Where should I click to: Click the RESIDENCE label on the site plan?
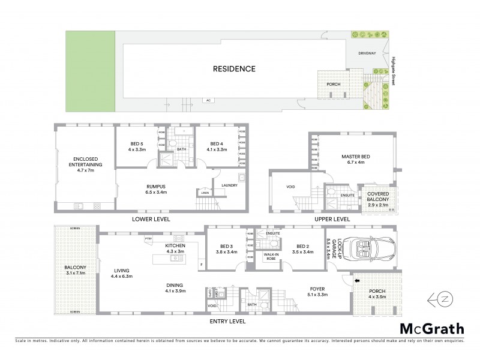[x=234, y=69]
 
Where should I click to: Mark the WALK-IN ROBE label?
[x=272, y=257]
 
